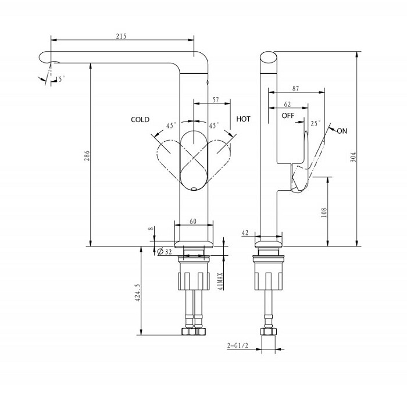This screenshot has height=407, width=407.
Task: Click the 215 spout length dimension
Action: pyautogui.click(x=122, y=36)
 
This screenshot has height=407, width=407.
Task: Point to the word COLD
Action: pyautogui.click(x=140, y=120)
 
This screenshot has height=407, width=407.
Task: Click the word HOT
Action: pyautogui.click(x=244, y=119)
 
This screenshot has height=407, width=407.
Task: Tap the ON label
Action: pyautogui.click(x=342, y=131)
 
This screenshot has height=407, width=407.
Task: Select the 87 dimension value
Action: pyautogui.click(x=296, y=88)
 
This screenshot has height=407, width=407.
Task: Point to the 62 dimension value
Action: pyautogui.click(x=287, y=104)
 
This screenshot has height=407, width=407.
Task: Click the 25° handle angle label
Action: pyautogui.click(x=316, y=123)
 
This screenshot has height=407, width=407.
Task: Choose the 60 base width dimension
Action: pyautogui.click(x=192, y=221)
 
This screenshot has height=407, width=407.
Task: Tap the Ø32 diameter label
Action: pyautogui.click(x=165, y=251)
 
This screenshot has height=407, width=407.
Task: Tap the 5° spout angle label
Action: pyautogui.click(x=61, y=78)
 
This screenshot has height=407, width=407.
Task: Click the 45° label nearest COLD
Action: pyautogui.click(x=171, y=125)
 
